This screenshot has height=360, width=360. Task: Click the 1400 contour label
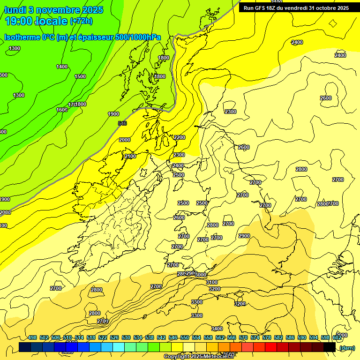[x=62, y=67]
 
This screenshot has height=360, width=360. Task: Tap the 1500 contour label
[x=80, y=76]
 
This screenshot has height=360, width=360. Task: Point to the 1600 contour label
[x=62, y=110]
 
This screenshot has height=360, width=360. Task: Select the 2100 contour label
[x=130, y=156]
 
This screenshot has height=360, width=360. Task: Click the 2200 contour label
[x=179, y=137]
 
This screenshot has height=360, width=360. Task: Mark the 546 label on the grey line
[x=122, y=123]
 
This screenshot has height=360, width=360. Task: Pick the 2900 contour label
[x=244, y=236]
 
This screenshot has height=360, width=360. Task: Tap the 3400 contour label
[x=217, y=329]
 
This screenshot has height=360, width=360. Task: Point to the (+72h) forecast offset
[x=81, y=21]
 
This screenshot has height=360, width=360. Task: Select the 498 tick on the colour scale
[x=32, y=337]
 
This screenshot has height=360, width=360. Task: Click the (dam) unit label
[x=347, y=347]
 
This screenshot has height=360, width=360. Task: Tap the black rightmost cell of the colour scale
[x=330, y=347]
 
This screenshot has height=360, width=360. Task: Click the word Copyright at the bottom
[x=177, y=357]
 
